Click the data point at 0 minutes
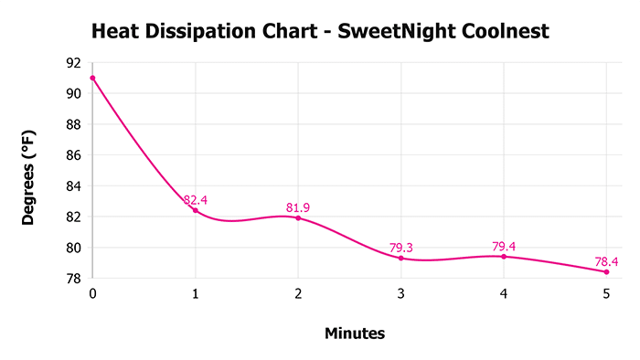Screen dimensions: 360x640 92,78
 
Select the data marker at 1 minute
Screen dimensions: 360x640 195,210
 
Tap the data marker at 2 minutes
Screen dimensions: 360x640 298,217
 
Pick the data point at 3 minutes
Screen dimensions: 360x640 400,258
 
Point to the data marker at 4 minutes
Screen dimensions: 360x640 504,256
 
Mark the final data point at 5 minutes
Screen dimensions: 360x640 606,271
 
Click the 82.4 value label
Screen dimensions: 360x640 197,199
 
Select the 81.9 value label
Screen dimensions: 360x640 298,207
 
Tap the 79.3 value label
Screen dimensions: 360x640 400,247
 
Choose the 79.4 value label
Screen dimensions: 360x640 504,246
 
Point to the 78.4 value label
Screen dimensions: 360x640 606,261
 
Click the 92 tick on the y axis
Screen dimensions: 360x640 73,63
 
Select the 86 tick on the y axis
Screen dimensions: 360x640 73,155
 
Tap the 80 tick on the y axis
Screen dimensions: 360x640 73,248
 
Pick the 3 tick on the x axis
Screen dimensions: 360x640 400,294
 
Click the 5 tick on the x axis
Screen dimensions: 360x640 606,294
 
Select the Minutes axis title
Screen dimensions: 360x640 355,334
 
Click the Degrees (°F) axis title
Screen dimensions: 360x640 30,171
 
